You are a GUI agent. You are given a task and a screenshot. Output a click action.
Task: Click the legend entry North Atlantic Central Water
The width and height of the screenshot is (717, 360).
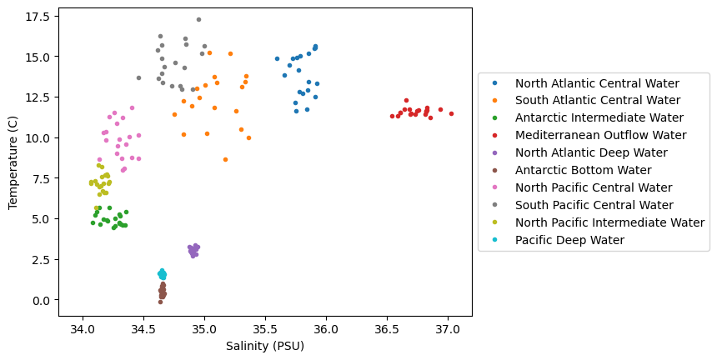click(597, 83)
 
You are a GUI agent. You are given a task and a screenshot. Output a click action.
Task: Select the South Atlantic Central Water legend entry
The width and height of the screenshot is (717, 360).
click(597, 101)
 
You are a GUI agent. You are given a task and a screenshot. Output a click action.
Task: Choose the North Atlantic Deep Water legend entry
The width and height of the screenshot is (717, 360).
click(591, 152)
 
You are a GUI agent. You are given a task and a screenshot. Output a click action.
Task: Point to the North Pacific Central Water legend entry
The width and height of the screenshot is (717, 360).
click(594, 187)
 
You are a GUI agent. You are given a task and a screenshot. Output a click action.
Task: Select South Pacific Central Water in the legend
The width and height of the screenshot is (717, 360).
click(594, 205)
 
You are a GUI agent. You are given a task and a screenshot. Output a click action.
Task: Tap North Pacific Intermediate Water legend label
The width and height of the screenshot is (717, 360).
click(609, 222)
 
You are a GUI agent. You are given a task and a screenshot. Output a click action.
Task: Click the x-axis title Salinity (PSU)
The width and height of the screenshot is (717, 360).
click(265, 346)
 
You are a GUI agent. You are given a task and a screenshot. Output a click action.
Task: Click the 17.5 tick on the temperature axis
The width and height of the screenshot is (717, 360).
click(38, 17)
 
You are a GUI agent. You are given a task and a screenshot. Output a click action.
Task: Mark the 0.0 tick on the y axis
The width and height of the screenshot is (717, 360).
click(43, 300)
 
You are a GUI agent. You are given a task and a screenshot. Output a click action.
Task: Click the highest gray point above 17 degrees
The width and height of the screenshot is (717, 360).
click(198, 19)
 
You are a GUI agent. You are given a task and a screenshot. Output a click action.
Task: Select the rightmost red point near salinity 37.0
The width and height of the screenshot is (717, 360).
click(451, 113)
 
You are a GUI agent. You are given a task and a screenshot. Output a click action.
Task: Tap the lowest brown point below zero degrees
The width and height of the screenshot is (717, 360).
click(160, 302)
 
